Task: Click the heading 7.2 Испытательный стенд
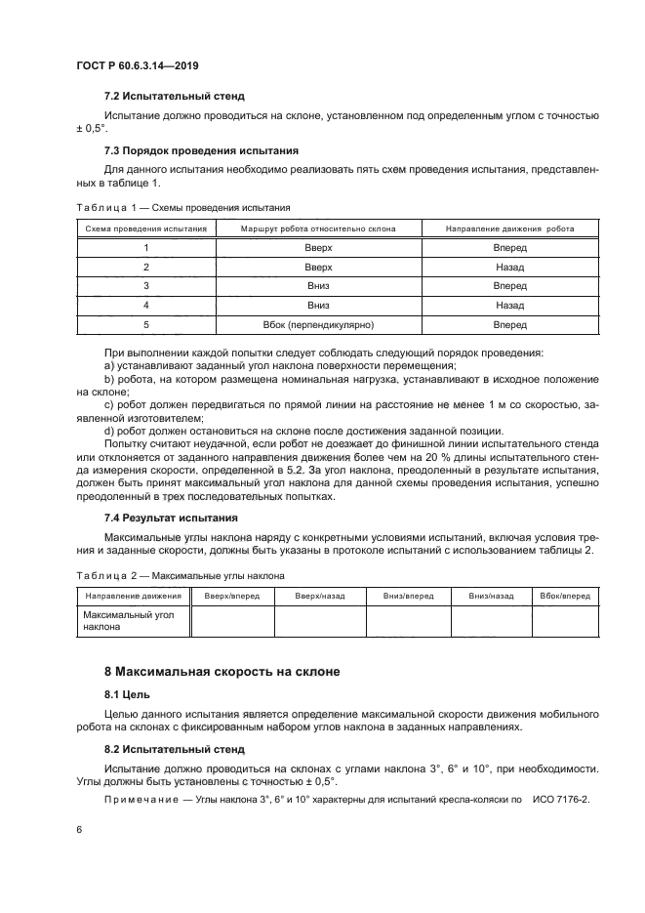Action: [174, 97]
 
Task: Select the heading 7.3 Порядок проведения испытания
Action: [202, 150]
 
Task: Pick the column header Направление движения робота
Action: [509, 228]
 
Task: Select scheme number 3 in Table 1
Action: [145, 286]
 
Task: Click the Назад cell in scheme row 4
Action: [509, 305]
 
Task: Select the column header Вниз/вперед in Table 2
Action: [408, 596]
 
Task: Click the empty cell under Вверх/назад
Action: [320, 621]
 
